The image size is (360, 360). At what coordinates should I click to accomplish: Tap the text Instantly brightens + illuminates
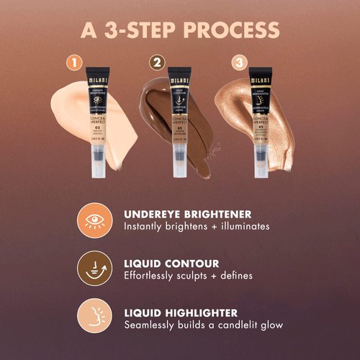[196, 227]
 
